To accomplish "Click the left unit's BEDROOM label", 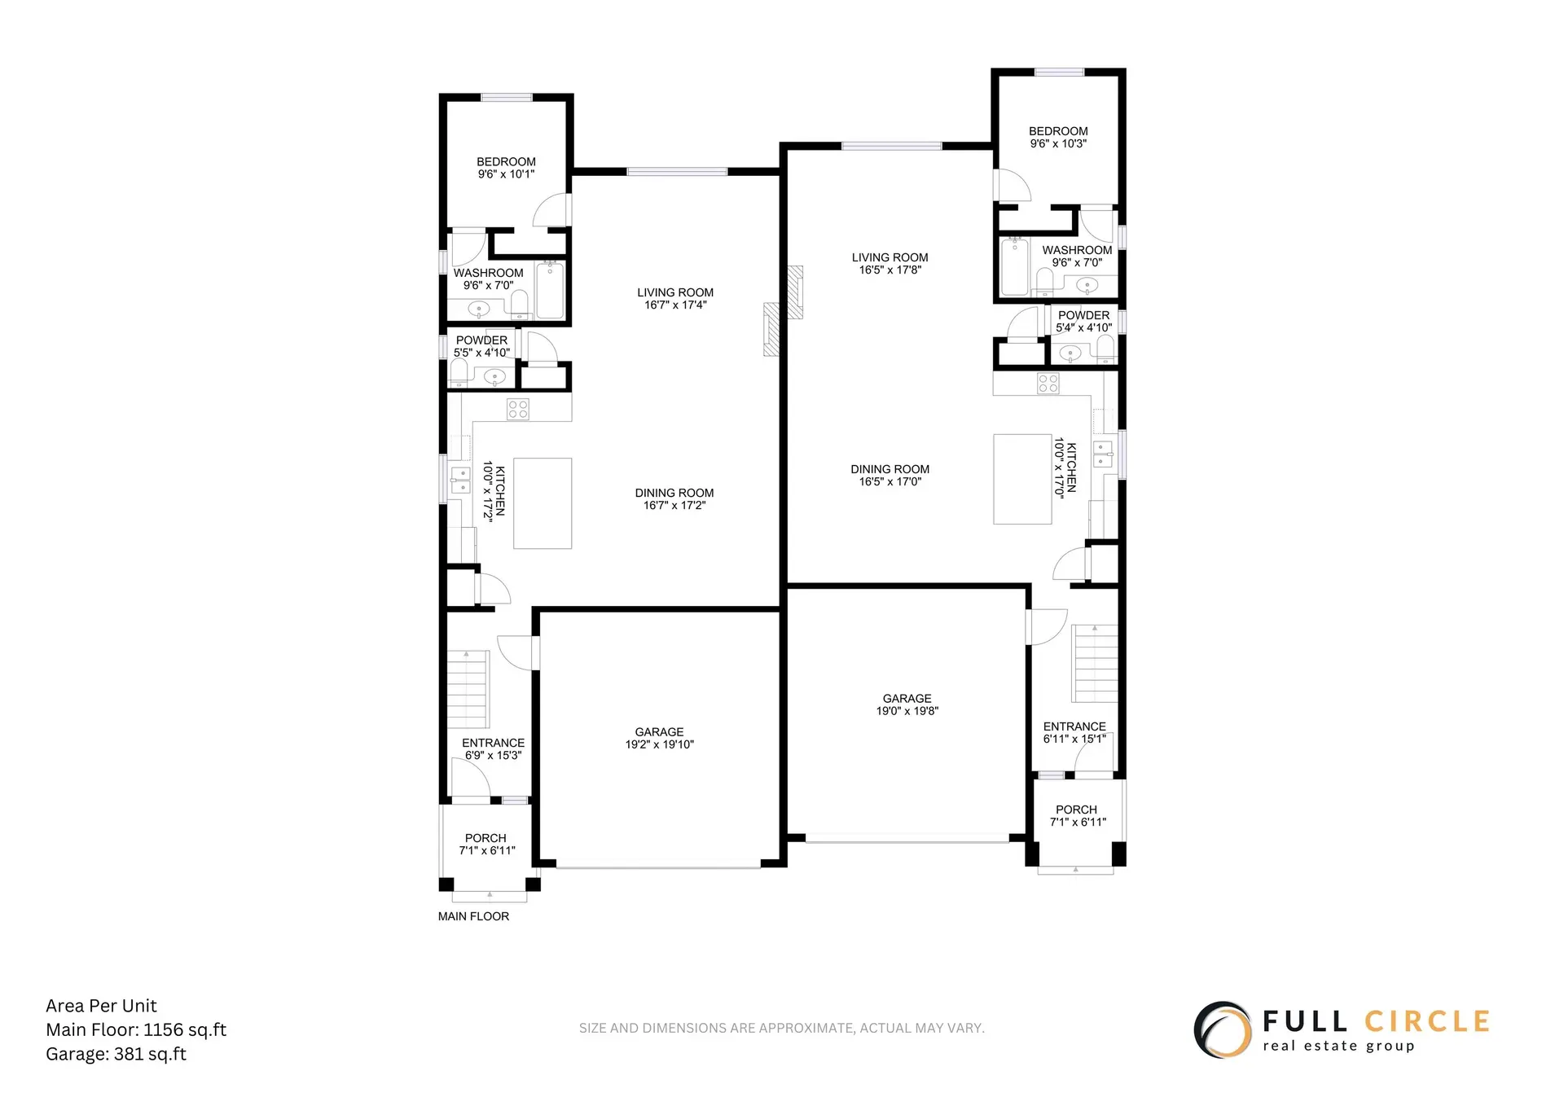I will click(506, 162).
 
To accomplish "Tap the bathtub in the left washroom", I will click(550, 291).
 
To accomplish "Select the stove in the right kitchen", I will click(1048, 384).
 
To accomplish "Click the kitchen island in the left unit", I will click(543, 503).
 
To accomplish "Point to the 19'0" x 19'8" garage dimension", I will click(907, 711).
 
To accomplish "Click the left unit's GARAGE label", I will click(659, 731).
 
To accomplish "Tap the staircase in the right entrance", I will click(1094, 663).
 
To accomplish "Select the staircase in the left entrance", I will click(468, 689).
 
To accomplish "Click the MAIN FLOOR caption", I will click(473, 916).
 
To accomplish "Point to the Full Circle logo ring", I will click(1223, 1029).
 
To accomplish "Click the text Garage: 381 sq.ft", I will click(116, 1054).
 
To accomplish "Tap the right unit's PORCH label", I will click(1076, 810).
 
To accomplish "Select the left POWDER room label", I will click(481, 340).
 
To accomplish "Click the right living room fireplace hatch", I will click(795, 292).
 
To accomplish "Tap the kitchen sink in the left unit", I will click(460, 481).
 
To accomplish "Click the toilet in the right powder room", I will click(1105, 351).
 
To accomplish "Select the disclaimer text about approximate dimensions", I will click(781, 1028).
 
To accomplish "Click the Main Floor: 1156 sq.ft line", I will click(136, 1029).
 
